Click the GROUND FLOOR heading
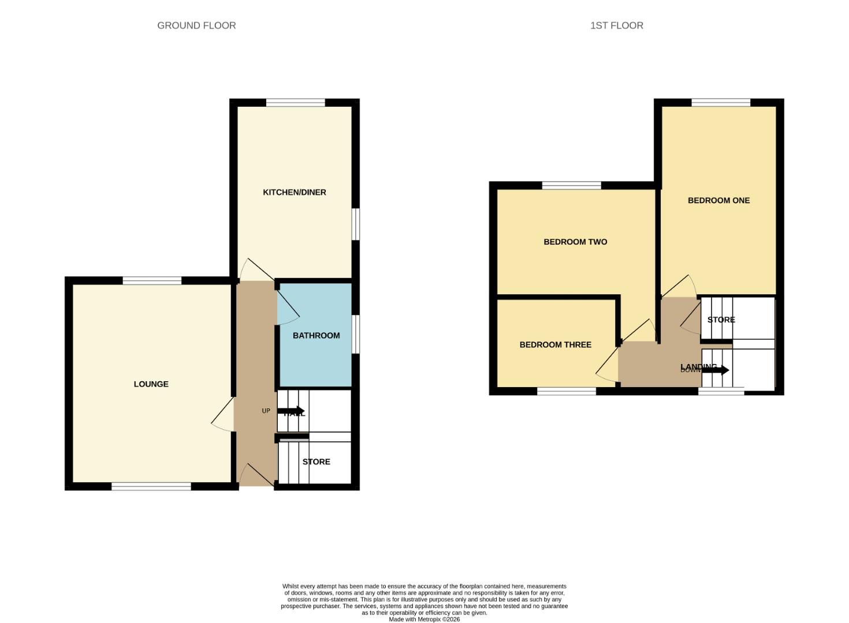point(196,25)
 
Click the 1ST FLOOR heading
point(616,25)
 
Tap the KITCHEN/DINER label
point(295,192)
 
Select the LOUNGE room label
point(151,384)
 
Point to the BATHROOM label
point(316,336)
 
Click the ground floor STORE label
point(316,462)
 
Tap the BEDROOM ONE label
point(718,201)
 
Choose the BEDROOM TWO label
point(575,242)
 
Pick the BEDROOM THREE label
point(555,345)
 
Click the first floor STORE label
point(721,320)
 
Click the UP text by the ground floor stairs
point(266,411)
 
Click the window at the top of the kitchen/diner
point(295,103)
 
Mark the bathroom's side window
point(356,334)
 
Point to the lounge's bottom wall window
point(151,487)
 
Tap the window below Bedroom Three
point(566,391)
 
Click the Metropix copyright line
point(424,620)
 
